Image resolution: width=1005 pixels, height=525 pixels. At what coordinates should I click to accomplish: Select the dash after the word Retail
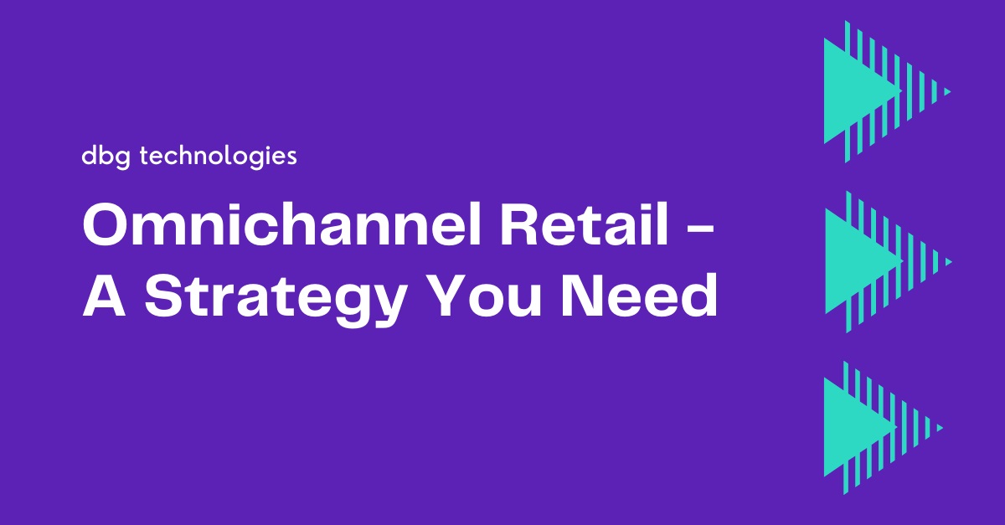point(700,229)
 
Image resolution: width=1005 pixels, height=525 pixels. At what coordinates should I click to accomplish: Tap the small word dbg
point(106,157)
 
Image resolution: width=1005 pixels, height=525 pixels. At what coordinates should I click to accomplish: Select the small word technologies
point(218,157)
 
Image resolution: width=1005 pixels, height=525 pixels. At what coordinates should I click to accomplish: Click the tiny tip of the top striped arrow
point(947,92)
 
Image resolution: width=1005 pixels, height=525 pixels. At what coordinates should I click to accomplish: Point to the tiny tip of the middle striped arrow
point(948,262)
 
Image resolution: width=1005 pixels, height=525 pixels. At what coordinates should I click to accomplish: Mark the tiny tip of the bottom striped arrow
point(940,428)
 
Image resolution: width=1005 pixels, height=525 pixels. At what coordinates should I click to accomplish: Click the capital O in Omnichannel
point(106,224)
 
